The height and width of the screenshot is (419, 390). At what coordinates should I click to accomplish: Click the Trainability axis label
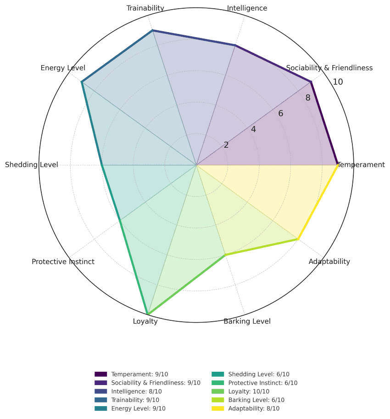click(x=145, y=8)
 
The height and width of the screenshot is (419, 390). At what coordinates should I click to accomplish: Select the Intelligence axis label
click(x=247, y=8)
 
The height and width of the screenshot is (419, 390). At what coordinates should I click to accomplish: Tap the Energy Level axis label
click(x=63, y=68)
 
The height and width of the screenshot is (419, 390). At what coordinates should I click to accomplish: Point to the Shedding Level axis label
click(x=32, y=165)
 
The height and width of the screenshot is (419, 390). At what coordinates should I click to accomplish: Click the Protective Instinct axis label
click(x=63, y=262)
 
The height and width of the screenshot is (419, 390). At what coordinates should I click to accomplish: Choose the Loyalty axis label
click(x=145, y=321)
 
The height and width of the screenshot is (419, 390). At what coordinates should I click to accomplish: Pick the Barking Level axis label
click(x=247, y=321)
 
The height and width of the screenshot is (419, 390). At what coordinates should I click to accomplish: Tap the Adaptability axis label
click(x=329, y=262)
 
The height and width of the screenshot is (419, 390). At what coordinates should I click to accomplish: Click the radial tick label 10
click(x=338, y=82)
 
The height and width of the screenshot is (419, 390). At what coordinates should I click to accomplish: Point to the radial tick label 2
click(x=226, y=145)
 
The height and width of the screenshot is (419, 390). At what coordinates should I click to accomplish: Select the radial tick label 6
click(x=281, y=114)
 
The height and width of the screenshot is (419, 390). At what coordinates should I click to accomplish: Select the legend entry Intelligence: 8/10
click(x=136, y=391)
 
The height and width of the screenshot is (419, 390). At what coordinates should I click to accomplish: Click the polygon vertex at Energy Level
click(x=82, y=82)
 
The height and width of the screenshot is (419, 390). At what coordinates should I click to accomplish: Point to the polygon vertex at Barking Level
click(x=225, y=255)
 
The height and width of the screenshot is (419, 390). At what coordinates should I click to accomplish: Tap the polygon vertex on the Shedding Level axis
click(x=102, y=165)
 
